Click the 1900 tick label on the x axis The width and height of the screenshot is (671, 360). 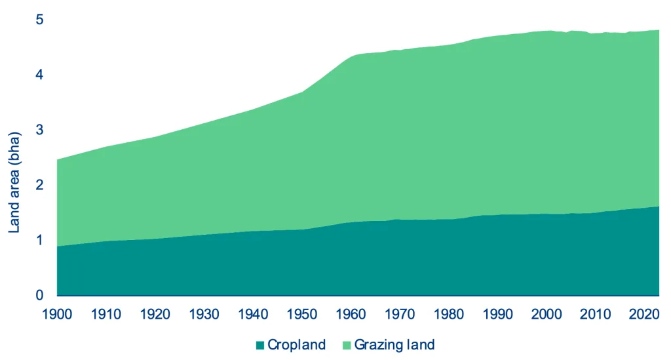[57, 313]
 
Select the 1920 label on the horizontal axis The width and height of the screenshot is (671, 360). [155, 313]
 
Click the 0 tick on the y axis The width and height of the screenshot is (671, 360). [39, 295]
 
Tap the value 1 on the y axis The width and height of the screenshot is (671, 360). [39, 240]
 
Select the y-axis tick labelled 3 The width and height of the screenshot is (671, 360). [39, 130]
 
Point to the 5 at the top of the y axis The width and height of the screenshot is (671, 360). [39, 20]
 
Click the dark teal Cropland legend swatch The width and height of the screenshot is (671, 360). [260, 345]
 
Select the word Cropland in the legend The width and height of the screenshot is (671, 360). [296, 345]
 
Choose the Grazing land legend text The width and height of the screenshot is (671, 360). [394, 345]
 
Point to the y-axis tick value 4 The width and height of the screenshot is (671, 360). [39, 75]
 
